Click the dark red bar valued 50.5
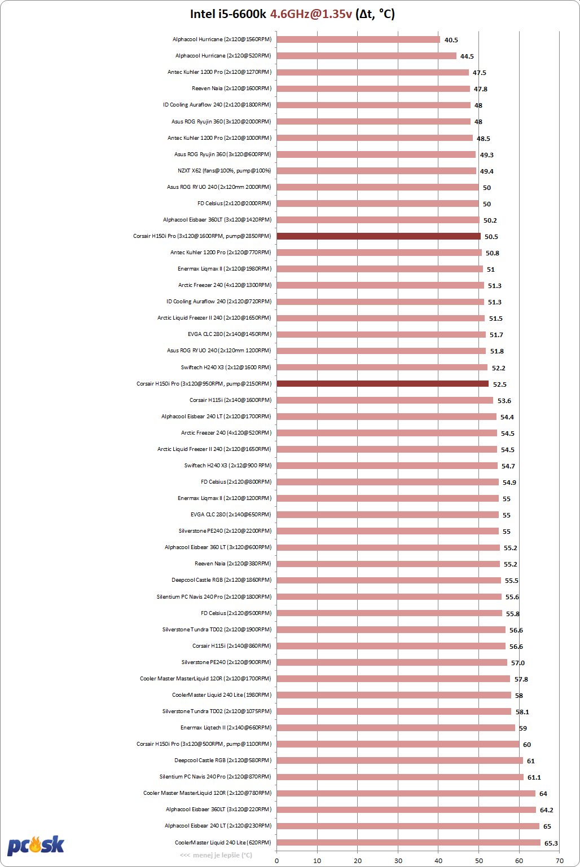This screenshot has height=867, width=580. pos(379,236)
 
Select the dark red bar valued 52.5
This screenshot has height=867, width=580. pos(383,383)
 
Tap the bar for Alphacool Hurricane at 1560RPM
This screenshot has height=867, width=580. pos(358,39)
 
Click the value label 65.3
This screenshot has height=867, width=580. pos(551,843)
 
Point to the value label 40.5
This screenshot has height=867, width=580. pos(451,40)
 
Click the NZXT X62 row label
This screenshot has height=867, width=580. pos(225,171)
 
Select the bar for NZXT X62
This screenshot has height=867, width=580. pos(376,171)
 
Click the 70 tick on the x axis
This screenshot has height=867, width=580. pos(560,861)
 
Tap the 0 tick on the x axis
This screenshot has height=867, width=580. pos(276,861)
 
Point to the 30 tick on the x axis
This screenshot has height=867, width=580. pos(398,861)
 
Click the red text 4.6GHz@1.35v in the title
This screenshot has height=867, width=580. pos(311,14)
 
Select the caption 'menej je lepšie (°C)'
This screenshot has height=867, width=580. pos(222,855)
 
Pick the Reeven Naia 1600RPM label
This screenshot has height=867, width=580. pos(232,89)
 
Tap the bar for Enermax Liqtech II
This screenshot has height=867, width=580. pos(396,728)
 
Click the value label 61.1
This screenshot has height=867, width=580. pos(534,777)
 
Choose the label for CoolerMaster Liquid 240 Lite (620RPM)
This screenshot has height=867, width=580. pos(223,842)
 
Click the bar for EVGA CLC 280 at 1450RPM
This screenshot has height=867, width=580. pos(381,334)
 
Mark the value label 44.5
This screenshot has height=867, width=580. pos(467,56)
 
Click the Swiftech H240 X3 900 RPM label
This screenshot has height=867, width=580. pos(228,465)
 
